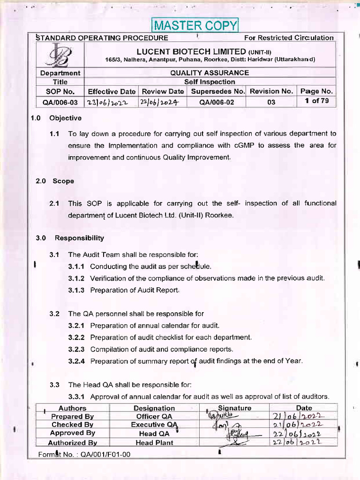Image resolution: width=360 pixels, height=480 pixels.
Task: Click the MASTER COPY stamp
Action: click(x=195, y=25)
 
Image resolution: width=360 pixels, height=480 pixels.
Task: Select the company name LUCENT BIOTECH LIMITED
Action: click(x=191, y=51)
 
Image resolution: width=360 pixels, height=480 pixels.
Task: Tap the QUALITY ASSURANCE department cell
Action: click(x=210, y=73)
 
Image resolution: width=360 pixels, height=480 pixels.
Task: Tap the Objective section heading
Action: click(x=65, y=118)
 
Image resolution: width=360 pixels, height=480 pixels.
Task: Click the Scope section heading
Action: click(x=63, y=181)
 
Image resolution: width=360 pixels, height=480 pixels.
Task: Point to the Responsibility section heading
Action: click(x=79, y=238)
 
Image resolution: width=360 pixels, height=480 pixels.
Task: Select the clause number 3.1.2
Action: click(x=76, y=278)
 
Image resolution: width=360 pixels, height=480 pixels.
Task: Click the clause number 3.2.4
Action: click(x=76, y=361)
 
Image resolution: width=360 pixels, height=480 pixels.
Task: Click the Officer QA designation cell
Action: click(x=154, y=416)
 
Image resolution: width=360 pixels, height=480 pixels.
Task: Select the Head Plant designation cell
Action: click(x=154, y=442)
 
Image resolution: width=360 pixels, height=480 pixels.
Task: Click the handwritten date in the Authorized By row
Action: click(x=303, y=442)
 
